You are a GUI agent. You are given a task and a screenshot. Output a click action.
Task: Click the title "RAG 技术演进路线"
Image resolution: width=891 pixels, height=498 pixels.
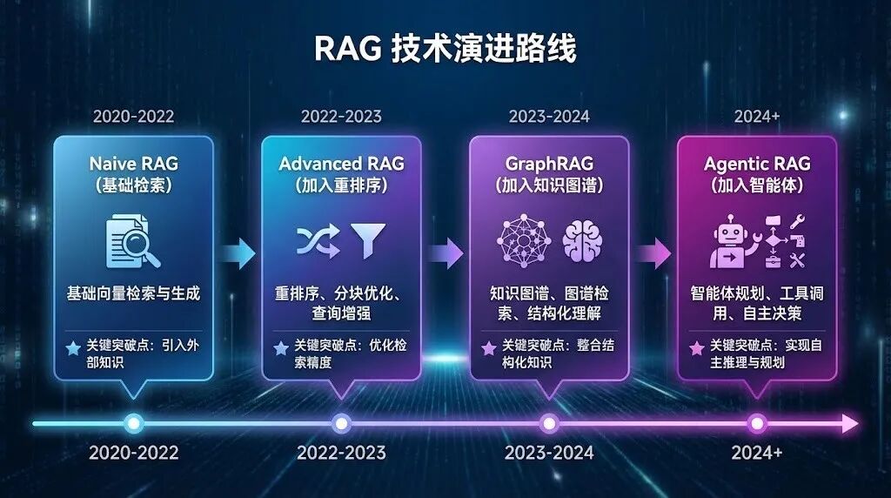445,50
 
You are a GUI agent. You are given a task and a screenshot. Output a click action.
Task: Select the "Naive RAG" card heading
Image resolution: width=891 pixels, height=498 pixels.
133,164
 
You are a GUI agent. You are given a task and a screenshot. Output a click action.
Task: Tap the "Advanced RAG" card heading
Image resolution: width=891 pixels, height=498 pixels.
341,164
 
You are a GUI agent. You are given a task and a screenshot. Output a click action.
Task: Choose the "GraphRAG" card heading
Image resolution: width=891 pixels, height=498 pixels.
549,164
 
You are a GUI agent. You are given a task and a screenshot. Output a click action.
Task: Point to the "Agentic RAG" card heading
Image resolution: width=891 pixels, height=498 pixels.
757,164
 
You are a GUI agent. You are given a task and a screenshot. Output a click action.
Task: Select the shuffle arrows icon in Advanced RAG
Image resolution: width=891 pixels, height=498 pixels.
314,241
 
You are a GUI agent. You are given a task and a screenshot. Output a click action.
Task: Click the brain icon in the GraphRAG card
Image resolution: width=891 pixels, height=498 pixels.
580,241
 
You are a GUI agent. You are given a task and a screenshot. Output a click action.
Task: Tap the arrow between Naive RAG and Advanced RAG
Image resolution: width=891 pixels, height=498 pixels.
237,253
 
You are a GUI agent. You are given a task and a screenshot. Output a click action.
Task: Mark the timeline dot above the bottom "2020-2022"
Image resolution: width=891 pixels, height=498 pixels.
133,424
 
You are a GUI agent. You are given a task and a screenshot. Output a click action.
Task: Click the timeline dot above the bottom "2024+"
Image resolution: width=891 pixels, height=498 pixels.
757,424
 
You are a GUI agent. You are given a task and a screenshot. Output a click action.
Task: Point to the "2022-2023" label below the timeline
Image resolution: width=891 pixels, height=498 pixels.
341,453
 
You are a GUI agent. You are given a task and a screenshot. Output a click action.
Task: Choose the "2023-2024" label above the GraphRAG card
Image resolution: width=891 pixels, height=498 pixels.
549,116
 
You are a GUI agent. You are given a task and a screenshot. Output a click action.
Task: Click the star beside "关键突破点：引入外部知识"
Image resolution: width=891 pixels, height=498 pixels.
73,348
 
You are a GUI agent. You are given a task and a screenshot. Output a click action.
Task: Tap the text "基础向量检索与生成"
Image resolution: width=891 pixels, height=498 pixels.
133,293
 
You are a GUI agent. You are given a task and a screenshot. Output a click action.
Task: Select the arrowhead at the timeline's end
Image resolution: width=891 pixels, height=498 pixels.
850,424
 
